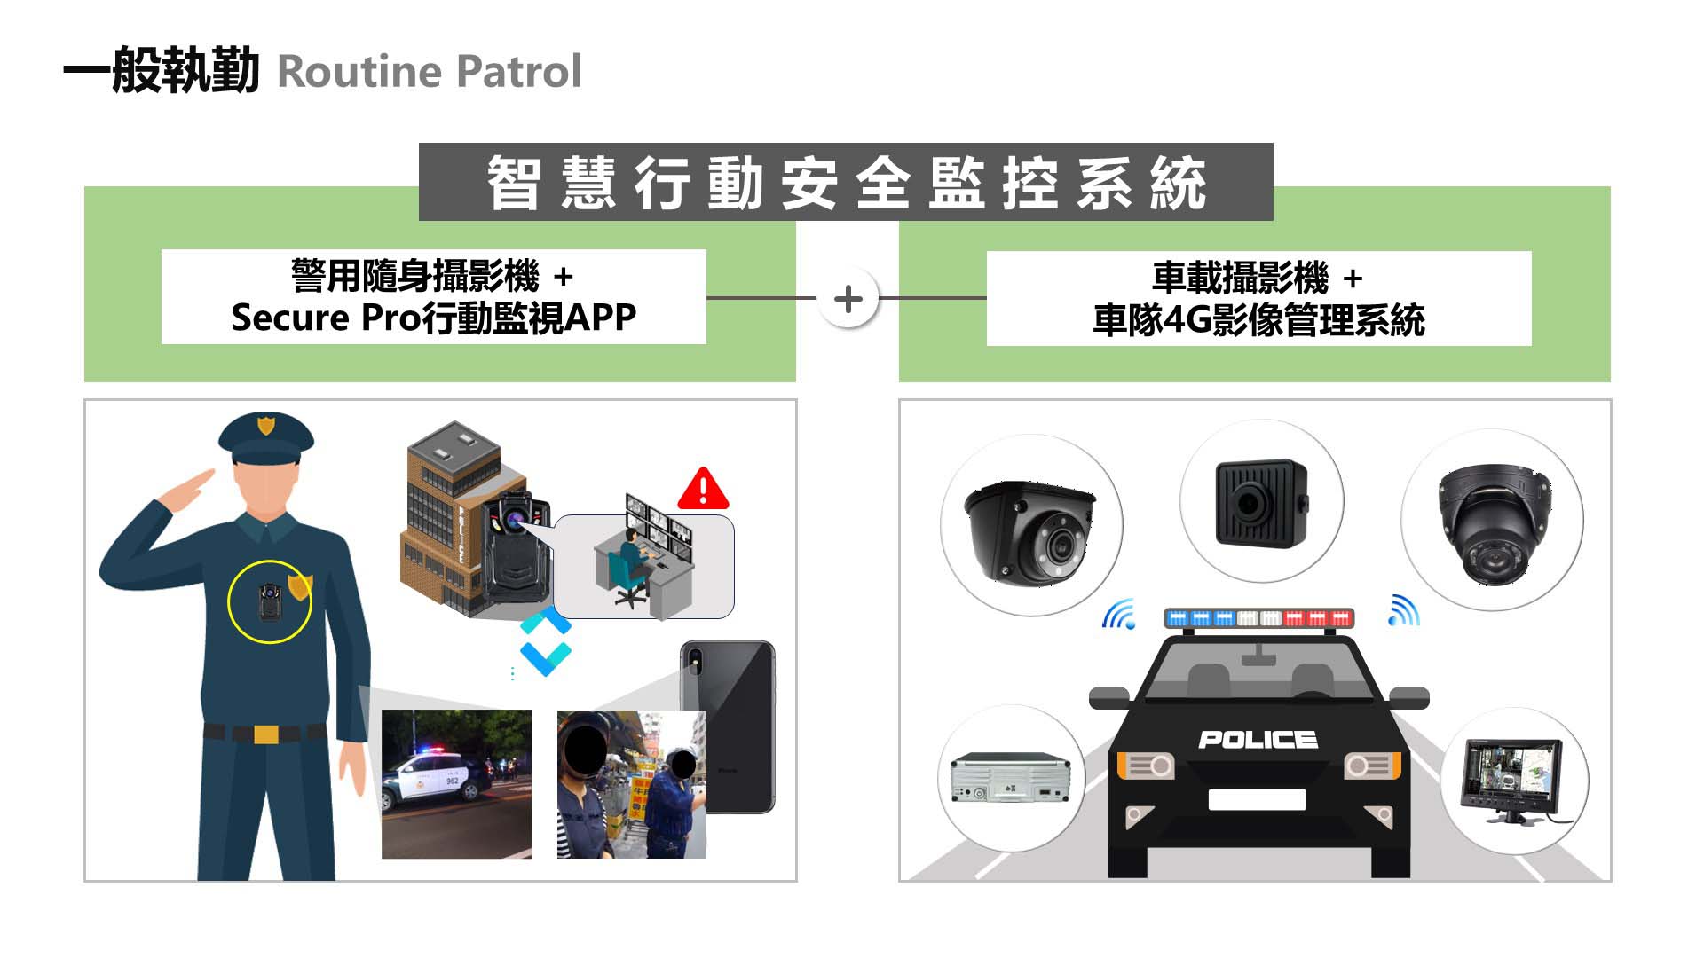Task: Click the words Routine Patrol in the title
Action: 430,72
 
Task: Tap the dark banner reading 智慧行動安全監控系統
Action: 846,182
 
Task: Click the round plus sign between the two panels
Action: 848,298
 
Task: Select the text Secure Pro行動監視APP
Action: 433,318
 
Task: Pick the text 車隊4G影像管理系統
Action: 1258,320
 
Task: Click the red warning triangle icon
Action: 703,489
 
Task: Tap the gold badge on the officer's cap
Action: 265,425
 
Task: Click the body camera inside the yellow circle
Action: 267,600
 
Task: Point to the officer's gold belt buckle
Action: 266,734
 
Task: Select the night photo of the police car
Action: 456,784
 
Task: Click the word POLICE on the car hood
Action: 1258,740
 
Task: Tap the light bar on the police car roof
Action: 1258,617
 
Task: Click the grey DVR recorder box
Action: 1011,778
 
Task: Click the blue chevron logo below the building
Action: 545,640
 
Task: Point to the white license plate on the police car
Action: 1257,799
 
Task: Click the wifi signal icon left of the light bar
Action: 1119,614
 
